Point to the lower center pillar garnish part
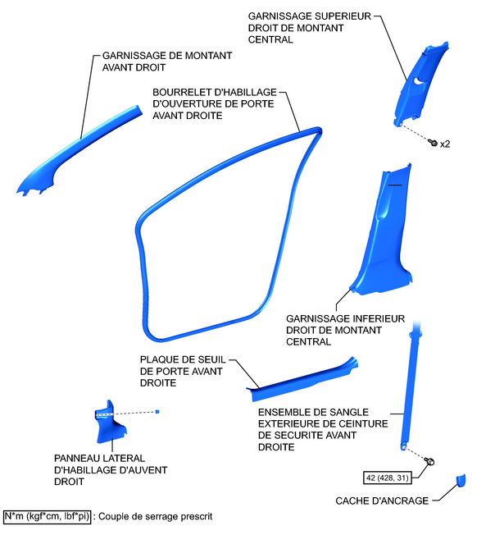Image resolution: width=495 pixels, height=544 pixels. (385, 238)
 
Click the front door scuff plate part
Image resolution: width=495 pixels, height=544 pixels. (303, 377)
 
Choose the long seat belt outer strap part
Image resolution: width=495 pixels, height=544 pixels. (410, 386)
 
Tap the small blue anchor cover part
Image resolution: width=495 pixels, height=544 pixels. (460, 480)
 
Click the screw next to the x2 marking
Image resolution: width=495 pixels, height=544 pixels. (432, 141)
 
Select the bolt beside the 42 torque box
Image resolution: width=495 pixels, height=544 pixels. (429, 463)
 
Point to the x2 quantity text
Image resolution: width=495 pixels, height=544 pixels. (445, 144)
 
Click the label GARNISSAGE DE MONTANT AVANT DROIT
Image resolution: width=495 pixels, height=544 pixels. (167, 62)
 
